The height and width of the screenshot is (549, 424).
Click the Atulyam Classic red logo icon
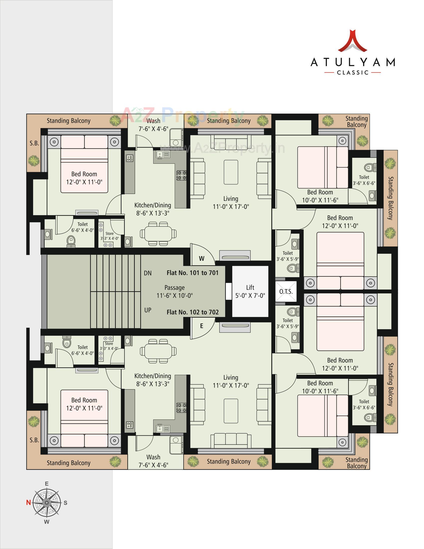click(353, 41)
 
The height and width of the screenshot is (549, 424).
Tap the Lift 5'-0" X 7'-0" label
click(250, 291)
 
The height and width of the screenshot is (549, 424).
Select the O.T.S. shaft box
click(286, 291)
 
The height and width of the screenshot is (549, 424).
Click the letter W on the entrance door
click(202, 259)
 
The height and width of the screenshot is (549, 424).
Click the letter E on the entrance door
click(202, 326)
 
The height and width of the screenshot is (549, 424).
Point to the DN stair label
click(148, 273)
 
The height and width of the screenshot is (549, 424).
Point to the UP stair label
click(148, 310)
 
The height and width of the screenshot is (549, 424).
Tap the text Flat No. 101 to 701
click(192, 273)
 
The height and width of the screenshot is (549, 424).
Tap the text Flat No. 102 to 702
click(192, 312)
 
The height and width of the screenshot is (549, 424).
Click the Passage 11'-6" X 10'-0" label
click(174, 291)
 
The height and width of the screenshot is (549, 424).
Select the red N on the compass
click(28, 503)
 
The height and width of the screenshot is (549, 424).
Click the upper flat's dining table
click(158, 233)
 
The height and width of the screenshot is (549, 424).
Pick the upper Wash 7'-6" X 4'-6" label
click(153, 125)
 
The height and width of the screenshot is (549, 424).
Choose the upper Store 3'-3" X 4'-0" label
click(109, 236)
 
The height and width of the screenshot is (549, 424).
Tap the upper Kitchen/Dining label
click(152, 209)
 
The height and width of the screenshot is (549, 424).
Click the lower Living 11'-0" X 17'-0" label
click(231, 381)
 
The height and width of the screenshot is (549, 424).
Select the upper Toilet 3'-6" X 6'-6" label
click(364, 180)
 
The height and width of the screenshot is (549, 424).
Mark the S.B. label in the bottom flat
click(34, 440)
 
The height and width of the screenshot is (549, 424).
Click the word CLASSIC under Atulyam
click(353, 73)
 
